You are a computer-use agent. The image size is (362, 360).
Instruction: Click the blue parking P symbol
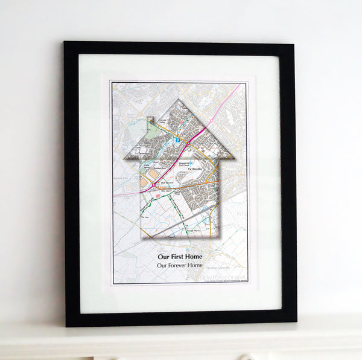179,141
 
